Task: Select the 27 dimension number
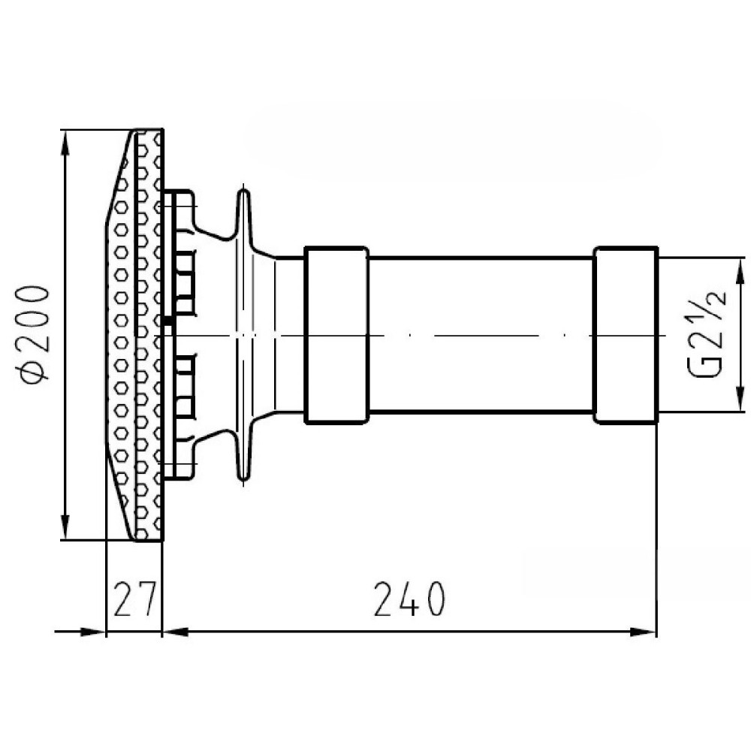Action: click(x=134, y=599)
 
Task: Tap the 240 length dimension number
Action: click(x=409, y=599)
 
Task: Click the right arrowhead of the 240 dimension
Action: click(x=643, y=632)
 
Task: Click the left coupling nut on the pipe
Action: click(x=336, y=335)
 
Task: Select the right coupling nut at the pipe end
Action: click(x=626, y=335)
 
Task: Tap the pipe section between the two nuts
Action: click(x=481, y=335)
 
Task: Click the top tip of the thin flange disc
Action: click(x=244, y=191)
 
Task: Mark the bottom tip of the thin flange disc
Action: click(x=244, y=478)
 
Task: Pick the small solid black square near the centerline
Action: click(x=167, y=320)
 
